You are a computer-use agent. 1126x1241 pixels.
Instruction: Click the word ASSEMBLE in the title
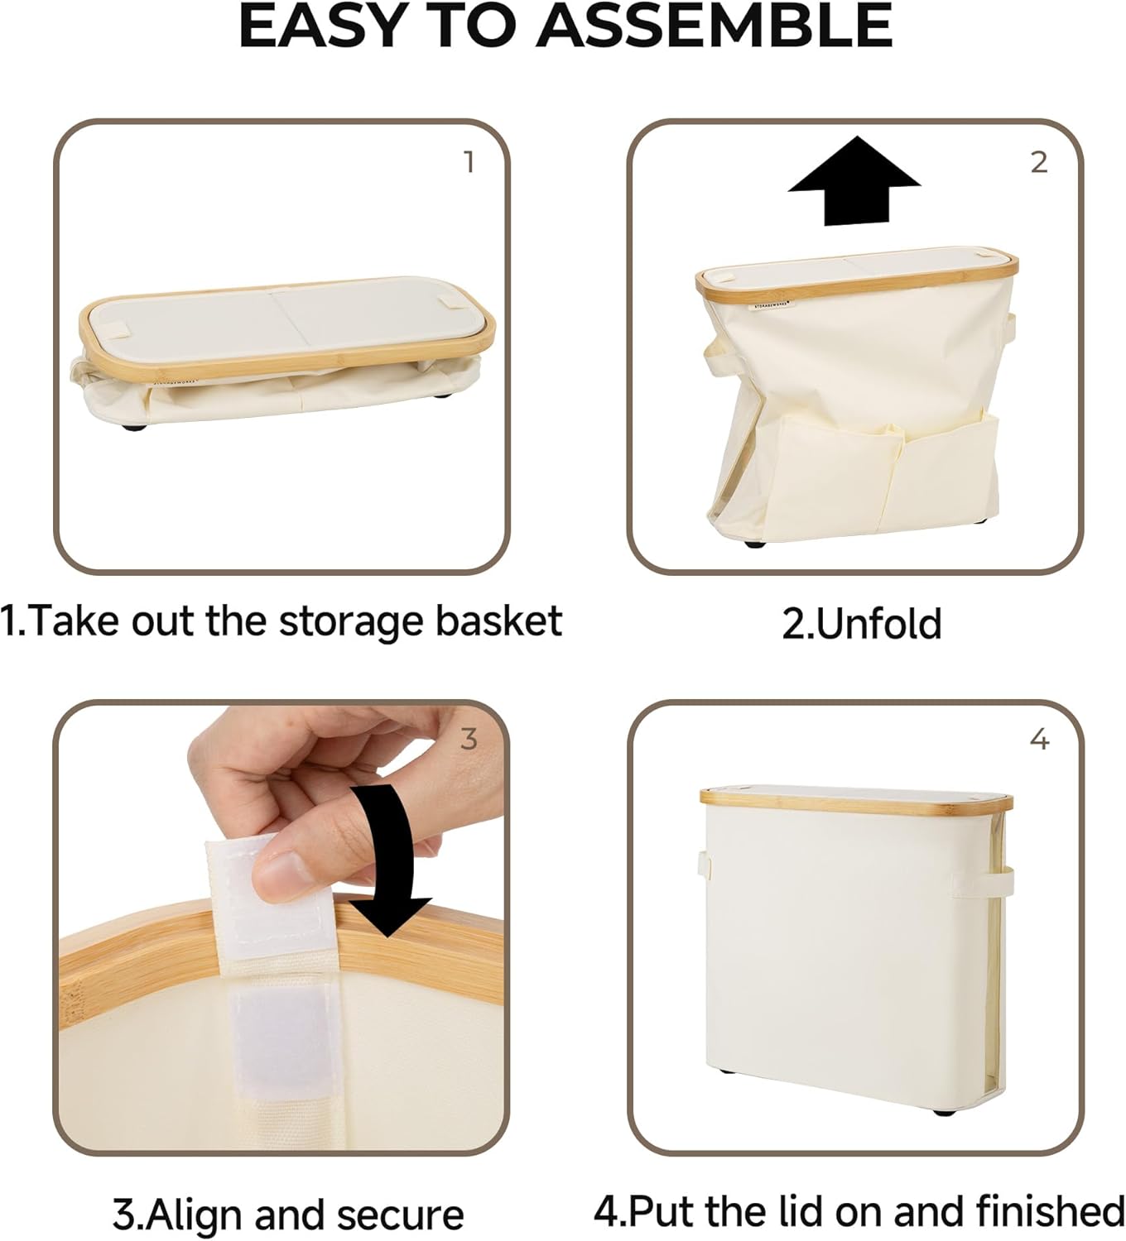[x=715, y=26]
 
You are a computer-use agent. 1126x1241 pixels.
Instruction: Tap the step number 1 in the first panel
[x=469, y=162]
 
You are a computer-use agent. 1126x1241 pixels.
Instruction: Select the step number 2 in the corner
[x=1039, y=162]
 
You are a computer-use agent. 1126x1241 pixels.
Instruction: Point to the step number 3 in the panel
[x=469, y=739]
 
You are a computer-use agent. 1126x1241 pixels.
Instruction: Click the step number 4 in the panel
[x=1039, y=739]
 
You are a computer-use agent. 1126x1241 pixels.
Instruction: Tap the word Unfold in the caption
[x=879, y=624]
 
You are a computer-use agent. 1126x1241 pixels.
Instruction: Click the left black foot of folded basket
[x=133, y=428]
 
